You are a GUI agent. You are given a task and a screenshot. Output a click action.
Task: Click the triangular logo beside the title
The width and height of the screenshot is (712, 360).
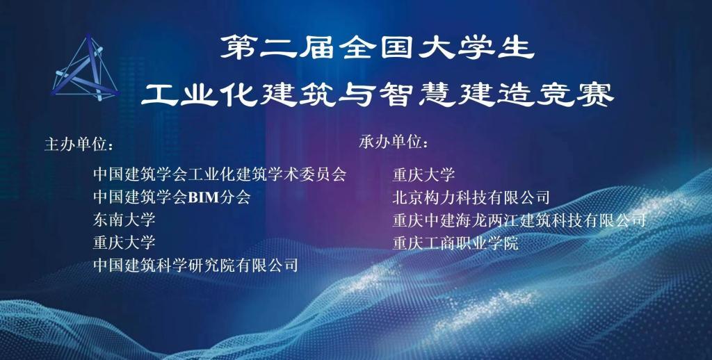[x=85, y=68]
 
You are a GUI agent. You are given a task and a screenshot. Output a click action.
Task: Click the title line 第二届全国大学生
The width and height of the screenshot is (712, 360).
[x=377, y=48]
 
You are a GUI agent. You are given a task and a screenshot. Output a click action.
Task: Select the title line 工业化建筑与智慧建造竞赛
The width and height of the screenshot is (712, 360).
[x=377, y=95]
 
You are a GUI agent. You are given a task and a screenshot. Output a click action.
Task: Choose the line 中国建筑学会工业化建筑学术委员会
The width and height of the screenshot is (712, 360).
[x=219, y=174]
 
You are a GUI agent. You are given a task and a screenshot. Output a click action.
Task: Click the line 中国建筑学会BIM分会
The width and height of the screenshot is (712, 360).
[x=172, y=197]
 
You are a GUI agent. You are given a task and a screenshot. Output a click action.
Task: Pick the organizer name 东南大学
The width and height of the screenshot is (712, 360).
[x=124, y=220]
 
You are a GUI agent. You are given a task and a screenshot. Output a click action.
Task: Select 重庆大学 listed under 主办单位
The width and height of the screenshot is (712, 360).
[x=124, y=243]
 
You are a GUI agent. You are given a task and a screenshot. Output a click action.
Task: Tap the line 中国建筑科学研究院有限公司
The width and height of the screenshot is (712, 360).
[x=195, y=265]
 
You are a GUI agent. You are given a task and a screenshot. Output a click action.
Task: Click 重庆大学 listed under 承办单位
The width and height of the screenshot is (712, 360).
[x=423, y=174]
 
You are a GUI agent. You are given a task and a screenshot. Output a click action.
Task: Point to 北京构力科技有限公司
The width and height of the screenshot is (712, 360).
[x=471, y=197]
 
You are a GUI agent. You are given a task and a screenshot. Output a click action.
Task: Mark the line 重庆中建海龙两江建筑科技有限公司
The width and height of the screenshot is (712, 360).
[x=519, y=220]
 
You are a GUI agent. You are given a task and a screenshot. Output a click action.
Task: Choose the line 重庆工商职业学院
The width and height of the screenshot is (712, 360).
[x=455, y=243]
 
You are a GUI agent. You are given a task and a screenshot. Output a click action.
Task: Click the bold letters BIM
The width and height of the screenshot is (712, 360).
[x=204, y=197]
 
